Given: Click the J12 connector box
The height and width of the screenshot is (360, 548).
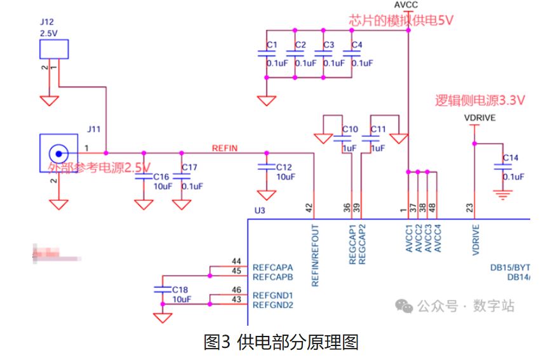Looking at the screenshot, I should pyautogui.click(x=53, y=49).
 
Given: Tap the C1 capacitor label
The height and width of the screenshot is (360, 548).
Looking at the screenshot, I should pyautogui.click(x=272, y=45).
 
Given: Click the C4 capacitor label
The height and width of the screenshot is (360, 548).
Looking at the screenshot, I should pyautogui.click(x=357, y=45).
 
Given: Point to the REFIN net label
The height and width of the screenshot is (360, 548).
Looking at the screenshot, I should pyautogui.click(x=224, y=148).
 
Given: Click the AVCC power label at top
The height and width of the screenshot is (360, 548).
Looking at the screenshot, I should pyautogui.click(x=406, y=5).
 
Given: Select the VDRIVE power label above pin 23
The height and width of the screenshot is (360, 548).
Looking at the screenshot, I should pyautogui.click(x=480, y=118).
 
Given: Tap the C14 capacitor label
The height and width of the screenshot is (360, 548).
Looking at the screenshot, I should pyautogui.click(x=511, y=157).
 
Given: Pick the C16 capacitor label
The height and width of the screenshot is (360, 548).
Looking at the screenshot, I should pyautogui.click(x=161, y=177).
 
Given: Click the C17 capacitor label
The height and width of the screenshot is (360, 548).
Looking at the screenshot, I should pyautogui.click(x=189, y=168).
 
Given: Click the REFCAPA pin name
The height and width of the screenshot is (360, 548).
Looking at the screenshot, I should pyautogui.click(x=272, y=267).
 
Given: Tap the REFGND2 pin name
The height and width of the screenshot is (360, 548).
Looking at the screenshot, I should pyautogui.click(x=272, y=305).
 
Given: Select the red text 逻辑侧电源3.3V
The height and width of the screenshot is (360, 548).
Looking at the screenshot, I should pyautogui.click(x=480, y=100).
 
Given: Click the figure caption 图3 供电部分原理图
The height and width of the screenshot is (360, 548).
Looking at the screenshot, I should pyautogui.click(x=281, y=342).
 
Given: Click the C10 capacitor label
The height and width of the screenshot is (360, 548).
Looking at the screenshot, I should pyautogui.click(x=350, y=130).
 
